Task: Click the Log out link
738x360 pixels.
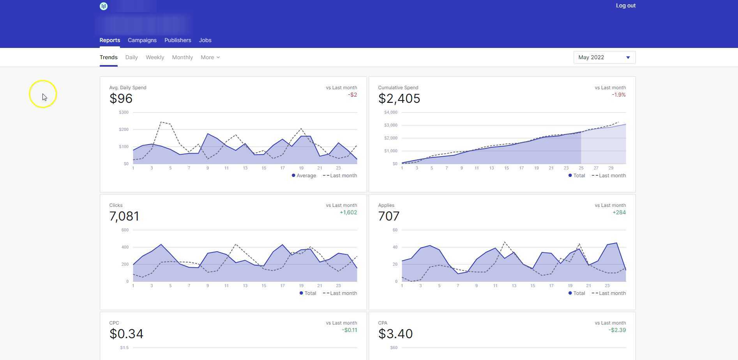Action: pos(625,5)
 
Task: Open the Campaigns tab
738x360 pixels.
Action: pos(142,40)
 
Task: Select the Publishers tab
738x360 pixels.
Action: pos(178,40)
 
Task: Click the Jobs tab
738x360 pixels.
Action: pos(205,40)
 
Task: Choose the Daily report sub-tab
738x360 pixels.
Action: pos(131,57)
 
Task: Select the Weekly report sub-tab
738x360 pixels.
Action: pos(155,57)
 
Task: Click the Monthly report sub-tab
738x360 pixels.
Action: pos(182,57)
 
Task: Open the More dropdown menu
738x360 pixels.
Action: pos(210,57)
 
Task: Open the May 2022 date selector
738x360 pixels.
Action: pos(604,57)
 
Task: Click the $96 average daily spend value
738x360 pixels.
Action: pos(121,99)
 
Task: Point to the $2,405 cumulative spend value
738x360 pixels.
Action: pos(399,99)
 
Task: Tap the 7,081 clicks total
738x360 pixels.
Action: pos(124,216)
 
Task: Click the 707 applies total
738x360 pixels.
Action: pos(388,216)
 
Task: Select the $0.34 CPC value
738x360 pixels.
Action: pos(126,334)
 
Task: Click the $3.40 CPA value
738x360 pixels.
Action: pos(395,334)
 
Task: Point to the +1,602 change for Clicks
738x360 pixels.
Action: pos(348,213)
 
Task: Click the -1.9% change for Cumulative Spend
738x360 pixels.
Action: pos(618,95)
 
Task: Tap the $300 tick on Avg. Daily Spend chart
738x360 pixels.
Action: pos(124,112)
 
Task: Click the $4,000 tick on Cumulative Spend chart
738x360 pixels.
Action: pos(390,112)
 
